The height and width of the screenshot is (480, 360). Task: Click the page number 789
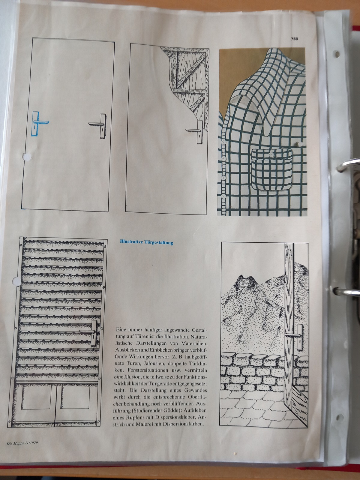[x=294, y=39]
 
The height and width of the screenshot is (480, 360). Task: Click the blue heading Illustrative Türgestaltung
[x=146, y=242]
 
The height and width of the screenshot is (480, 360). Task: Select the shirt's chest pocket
[x=272, y=169]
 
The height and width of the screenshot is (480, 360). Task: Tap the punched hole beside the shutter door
[x=16, y=280]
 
